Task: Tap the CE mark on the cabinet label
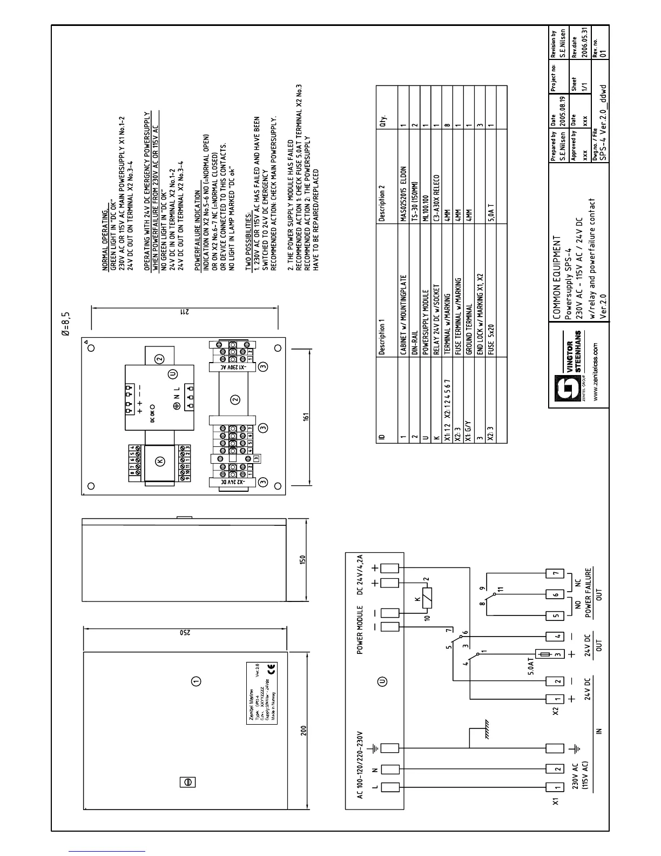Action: pos(271,668)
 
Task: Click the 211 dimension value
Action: pos(181,312)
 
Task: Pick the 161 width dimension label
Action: pos(305,417)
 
